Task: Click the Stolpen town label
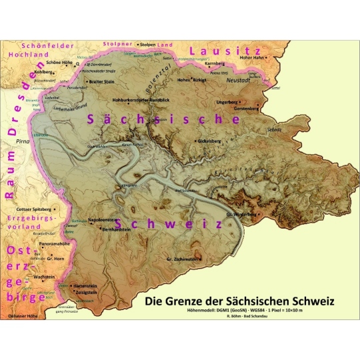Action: coord(147,45)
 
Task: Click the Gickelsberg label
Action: coord(210,141)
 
